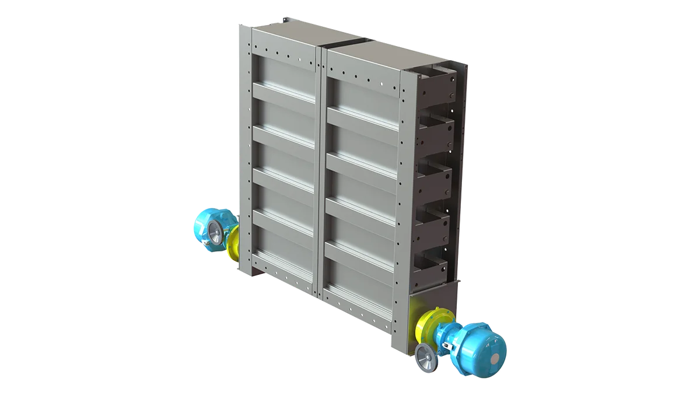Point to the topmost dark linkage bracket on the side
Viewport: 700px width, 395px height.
point(436,85)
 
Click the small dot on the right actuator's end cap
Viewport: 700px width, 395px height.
point(495,356)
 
